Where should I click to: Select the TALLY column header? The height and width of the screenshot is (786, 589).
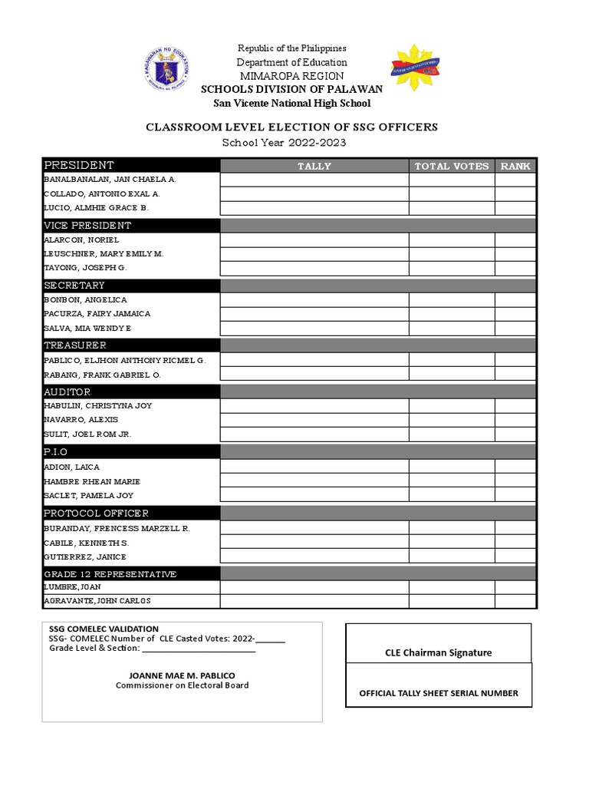pyautogui.click(x=314, y=166)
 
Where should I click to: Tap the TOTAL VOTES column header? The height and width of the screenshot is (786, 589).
pyautogui.click(x=452, y=166)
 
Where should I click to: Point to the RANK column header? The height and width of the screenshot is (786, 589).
pyautogui.click(x=515, y=166)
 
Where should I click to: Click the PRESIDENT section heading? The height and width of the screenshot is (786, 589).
pyautogui.click(x=79, y=165)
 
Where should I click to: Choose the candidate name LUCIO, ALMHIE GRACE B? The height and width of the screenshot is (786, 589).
pyautogui.click(x=96, y=208)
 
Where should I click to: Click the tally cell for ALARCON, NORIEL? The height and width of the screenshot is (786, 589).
pyautogui.click(x=314, y=239)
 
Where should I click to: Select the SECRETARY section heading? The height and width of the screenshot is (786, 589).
pyautogui.click(x=74, y=286)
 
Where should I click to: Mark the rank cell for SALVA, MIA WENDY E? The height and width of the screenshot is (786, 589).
pyautogui.click(x=515, y=329)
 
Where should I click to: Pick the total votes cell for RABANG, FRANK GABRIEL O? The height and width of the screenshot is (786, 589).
pyautogui.click(x=452, y=374)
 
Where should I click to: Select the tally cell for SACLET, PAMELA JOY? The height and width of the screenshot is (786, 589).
pyautogui.click(x=314, y=495)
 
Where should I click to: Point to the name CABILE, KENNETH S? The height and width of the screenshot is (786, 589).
pyautogui.click(x=85, y=543)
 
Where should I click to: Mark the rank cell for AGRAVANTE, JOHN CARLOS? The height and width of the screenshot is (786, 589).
pyautogui.click(x=515, y=601)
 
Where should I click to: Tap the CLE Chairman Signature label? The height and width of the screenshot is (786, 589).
pyautogui.click(x=438, y=653)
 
